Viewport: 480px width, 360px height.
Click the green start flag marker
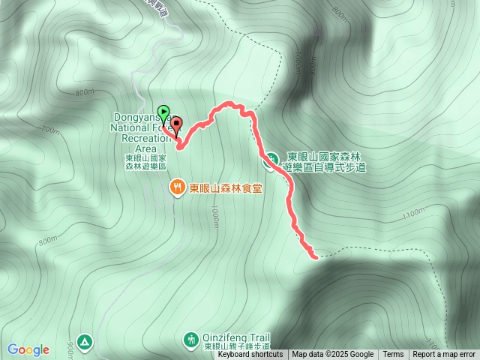[164, 112]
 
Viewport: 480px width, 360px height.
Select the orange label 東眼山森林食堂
[225, 187]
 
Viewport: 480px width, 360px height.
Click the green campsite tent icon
[85, 342]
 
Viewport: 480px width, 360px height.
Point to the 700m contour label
[50, 130]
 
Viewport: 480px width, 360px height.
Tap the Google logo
[28, 349]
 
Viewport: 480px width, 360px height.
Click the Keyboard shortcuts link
[250, 355]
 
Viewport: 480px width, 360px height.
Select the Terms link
[393, 355]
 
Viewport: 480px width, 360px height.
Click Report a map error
[444, 355]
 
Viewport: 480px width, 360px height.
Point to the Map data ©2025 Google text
[332, 355]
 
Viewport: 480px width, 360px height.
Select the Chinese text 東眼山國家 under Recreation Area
[145, 158]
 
